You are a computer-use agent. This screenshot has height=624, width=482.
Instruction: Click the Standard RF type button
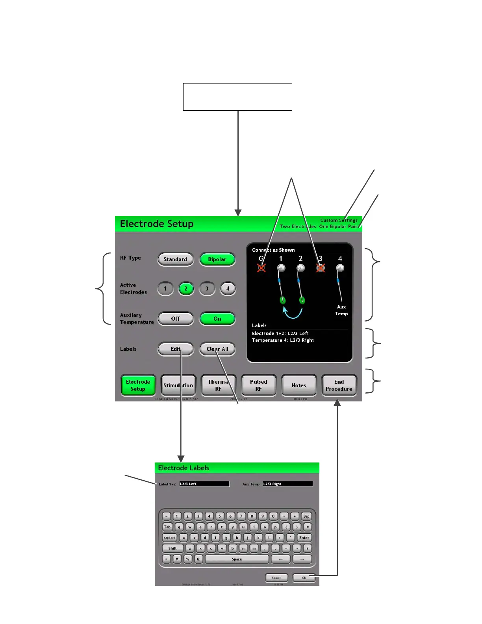[176, 259]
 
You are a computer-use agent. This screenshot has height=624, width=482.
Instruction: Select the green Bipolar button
[217, 259]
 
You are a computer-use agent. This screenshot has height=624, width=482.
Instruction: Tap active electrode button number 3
[207, 289]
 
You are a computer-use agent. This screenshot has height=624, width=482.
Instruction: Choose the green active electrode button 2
[186, 289]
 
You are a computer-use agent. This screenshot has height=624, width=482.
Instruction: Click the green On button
[217, 319]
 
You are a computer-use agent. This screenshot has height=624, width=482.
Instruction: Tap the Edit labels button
[176, 349]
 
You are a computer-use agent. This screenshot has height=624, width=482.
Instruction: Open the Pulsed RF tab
[258, 385]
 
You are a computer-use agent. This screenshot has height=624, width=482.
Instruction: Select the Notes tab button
[298, 385]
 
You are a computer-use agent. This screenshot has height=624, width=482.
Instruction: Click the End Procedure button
[339, 385]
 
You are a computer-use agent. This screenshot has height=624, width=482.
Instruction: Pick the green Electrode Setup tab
[138, 385]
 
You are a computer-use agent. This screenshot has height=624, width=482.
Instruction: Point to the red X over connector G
[261, 268]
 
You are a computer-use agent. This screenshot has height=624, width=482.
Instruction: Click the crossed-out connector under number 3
[321, 268]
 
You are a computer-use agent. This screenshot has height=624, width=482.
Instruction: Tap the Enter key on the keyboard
[304, 538]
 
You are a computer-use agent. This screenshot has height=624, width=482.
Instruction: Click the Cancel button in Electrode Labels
[276, 578]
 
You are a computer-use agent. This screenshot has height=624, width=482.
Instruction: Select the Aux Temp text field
[287, 484]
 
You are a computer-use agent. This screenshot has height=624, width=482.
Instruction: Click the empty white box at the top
[237, 97]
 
